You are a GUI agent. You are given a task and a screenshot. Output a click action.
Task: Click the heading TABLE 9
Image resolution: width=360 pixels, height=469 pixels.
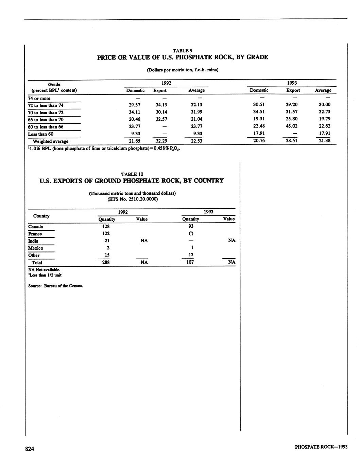coord(183,51)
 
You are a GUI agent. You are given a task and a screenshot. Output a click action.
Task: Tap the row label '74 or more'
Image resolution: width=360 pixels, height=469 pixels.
coord(39,99)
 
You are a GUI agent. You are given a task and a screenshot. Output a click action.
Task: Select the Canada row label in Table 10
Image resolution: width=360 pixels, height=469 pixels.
coord(36,227)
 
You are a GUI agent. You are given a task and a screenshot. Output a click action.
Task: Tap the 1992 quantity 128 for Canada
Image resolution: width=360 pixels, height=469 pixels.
coord(106,226)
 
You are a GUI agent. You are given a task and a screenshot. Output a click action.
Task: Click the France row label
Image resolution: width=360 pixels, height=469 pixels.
coord(35,234)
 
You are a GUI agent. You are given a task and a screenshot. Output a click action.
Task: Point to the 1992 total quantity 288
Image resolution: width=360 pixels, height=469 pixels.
coord(106,262)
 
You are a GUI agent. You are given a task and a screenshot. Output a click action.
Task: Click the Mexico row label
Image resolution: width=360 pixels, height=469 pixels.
coord(36,248)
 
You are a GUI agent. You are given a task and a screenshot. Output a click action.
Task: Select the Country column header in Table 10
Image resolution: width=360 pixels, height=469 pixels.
coord(41,216)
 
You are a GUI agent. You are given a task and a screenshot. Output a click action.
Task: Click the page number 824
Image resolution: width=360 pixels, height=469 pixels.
coord(30,449)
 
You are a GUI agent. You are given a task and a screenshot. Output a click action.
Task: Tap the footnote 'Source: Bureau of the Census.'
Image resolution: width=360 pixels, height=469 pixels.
coord(56,286)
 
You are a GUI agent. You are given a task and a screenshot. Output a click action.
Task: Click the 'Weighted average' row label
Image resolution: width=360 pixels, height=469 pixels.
coord(50,141)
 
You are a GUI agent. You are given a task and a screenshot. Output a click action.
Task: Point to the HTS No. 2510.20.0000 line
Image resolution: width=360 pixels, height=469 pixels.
coord(132,199)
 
